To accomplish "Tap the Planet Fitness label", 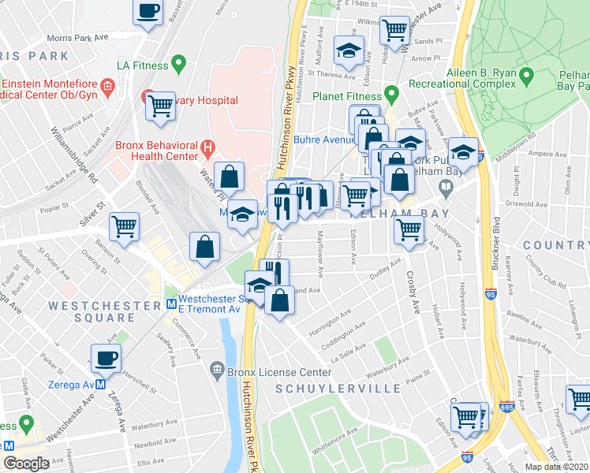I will pos(346,95).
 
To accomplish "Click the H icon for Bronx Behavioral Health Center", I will pos(207,146).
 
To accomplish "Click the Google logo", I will pos(27,463).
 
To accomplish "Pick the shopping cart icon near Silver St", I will pos(125,226).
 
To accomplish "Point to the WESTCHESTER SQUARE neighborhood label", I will pos(91,311).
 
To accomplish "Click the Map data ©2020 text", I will pos(557,467).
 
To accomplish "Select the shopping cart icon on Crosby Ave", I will pos(409,230).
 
